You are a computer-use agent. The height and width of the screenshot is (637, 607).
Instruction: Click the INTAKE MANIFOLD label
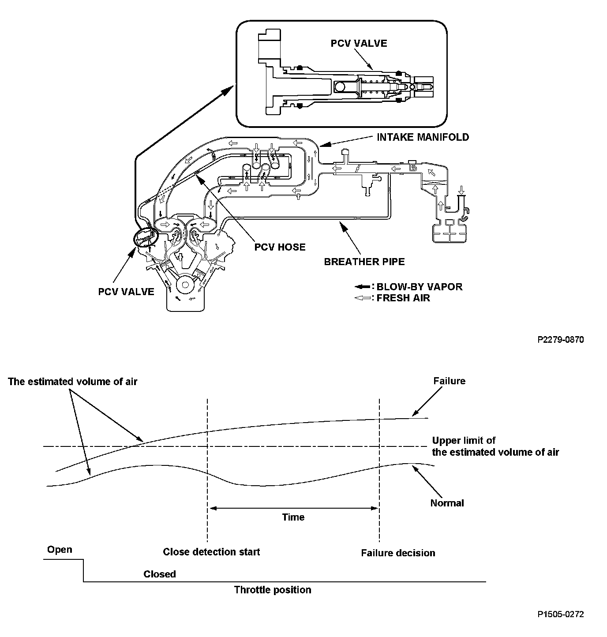[423, 137]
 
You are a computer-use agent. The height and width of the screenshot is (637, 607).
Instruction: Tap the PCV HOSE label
[280, 247]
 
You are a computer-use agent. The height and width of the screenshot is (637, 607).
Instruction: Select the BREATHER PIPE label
[364, 262]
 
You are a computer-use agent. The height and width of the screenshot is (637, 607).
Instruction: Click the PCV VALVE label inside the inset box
[359, 43]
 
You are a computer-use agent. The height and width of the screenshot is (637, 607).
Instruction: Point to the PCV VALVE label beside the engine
[126, 292]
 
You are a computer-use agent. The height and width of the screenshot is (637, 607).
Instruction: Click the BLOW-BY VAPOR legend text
[419, 287]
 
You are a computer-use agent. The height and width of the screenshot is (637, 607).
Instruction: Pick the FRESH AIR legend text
[403, 298]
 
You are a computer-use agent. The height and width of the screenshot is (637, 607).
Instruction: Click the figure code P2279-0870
[561, 340]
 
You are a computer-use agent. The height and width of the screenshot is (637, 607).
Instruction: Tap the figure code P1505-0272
[561, 614]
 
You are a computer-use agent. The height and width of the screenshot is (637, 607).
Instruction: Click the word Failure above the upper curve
[449, 381]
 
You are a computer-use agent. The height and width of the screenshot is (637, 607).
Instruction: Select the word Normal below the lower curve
[447, 503]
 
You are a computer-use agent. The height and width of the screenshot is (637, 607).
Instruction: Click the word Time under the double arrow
[293, 517]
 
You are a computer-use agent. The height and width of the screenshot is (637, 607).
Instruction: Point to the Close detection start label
[211, 552]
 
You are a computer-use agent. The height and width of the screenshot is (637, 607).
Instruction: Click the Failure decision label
[398, 553]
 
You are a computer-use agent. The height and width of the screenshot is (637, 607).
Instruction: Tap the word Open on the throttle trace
[60, 550]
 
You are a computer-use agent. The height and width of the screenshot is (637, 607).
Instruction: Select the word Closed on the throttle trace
[160, 574]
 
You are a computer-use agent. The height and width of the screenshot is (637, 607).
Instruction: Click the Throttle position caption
[273, 590]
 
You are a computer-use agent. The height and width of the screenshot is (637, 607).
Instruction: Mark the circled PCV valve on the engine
[146, 239]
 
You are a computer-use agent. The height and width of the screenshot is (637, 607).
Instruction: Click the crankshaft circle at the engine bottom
[185, 285]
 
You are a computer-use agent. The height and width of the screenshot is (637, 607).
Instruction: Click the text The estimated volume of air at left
[72, 382]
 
